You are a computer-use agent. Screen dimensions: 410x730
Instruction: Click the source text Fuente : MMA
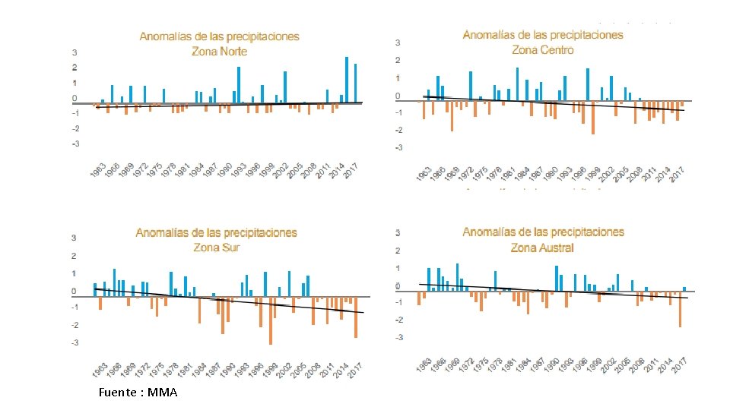pyautogui.click(x=138, y=393)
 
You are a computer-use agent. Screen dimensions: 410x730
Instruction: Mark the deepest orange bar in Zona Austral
pyautogui.click(x=680, y=309)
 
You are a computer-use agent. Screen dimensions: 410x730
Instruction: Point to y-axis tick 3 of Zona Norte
pyautogui.click(x=74, y=53)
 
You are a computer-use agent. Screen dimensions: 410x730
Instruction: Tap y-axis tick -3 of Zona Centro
pyautogui.click(x=398, y=148)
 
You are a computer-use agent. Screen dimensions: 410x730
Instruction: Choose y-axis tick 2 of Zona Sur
pyautogui.click(x=74, y=256)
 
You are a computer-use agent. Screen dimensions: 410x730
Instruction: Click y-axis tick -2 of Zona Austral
pyautogui.click(x=398, y=320)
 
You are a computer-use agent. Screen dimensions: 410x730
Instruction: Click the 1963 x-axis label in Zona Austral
pyautogui.click(x=424, y=365)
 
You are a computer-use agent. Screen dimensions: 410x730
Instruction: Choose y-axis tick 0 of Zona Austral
pyautogui.click(x=398, y=286)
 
